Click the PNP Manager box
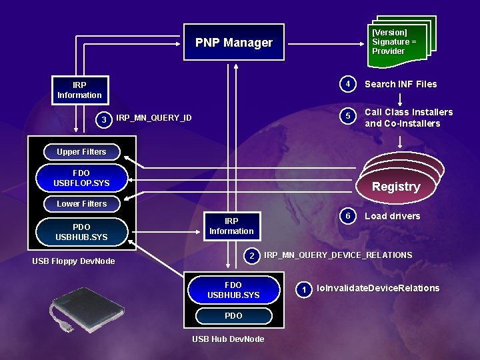click(x=234, y=43)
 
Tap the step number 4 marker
click(x=347, y=84)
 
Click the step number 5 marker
click(x=347, y=117)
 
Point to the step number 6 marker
click(x=347, y=216)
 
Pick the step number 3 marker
click(x=103, y=119)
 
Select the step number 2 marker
click(x=251, y=256)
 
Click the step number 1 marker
click(x=304, y=289)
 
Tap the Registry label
click(x=396, y=187)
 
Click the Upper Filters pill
click(x=81, y=152)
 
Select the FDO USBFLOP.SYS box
click(x=81, y=178)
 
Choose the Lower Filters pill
click(x=81, y=203)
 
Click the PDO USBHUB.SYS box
click(x=81, y=231)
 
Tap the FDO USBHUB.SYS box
click(x=233, y=290)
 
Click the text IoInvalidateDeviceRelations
click(x=378, y=288)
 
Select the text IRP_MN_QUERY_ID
click(x=153, y=118)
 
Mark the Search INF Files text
click(x=401, y=84)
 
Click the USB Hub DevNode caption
click(x=228, y=339)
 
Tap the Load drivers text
click(x=392, y=216)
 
